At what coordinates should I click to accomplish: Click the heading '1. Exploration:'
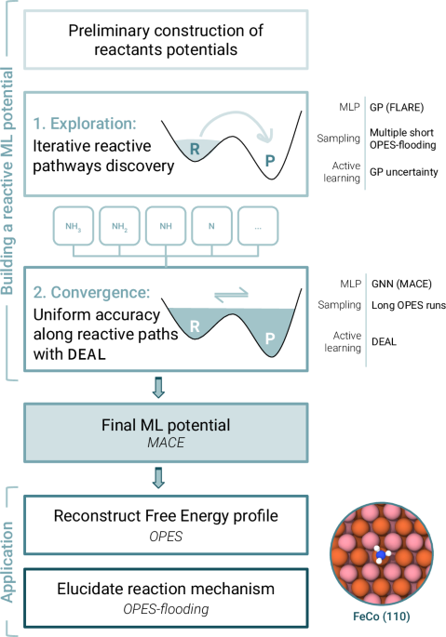coord(86,123)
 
